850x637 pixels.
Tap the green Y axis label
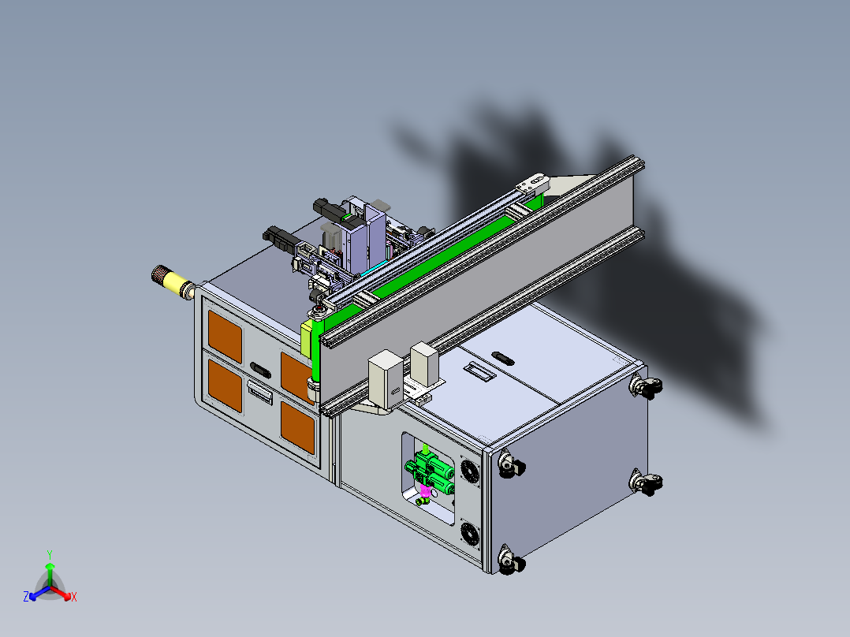pos(50,555)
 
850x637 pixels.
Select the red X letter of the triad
pos(74,597)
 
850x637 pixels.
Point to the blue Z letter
pos(25,597)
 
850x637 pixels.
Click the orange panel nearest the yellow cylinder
pos(225,336)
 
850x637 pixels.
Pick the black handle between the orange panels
pos(261,371)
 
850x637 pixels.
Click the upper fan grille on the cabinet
pos(469,470)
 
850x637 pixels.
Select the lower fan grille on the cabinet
pos(470,534)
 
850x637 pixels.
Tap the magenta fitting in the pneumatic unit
pos(426,491)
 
